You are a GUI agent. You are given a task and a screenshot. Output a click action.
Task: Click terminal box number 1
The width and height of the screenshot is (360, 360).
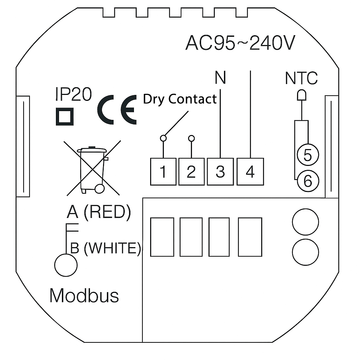pyautogui.click(x=163, y=172)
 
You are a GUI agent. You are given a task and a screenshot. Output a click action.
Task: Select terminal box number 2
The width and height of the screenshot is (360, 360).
pyautogui.click(x=191, y=172)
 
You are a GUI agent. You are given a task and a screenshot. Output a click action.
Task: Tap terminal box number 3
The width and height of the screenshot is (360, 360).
pyautogui.click(x=220, y=172)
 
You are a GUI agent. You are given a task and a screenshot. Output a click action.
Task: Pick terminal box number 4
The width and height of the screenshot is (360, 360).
pyautogui.click(x=250, y=172)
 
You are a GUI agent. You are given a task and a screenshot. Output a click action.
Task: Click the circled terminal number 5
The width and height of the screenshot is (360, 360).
pyautogui.click(x=307, y=155)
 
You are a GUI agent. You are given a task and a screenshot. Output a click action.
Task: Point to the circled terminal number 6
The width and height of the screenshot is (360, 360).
pyautogui.click(x=307, y=181)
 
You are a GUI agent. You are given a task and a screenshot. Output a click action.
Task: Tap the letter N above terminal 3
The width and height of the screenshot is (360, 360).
pyautogui.click(x=220, y=78)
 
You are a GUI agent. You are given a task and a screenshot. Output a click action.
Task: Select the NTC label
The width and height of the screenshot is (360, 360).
pyautogui.click(x=301, y=78)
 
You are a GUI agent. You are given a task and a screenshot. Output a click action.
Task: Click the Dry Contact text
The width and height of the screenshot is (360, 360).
pyautogui.click(x=180, y=99)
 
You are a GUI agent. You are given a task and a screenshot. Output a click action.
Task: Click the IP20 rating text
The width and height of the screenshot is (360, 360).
pyautogui.click(x=73, y=95)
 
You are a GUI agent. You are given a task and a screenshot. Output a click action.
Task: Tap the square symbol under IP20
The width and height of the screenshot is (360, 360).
pyautogui.click(x=65, y=116)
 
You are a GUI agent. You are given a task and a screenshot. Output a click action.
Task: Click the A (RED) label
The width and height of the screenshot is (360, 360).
pyautogui.click(x=99, y=212)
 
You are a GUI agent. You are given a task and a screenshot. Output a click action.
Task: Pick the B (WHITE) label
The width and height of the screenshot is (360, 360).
pyautogui.click(x=105, y=248)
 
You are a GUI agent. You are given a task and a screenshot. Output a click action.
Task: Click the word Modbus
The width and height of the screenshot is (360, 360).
pyautogui.click(x=84, y=296)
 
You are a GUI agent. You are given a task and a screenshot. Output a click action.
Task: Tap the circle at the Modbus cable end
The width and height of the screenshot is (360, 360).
pyautogui.click(x=66, y=265)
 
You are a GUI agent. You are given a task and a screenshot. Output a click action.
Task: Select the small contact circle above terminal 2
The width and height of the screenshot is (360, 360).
pyautogui.click(x=191, y=138)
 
